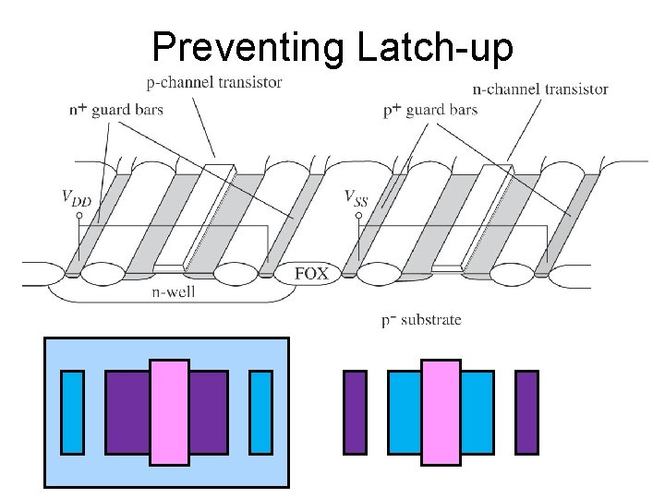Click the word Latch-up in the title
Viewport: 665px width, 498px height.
point(433,47)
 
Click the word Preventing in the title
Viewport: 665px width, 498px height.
point(248,47)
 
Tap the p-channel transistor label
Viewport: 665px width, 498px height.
point(214,82)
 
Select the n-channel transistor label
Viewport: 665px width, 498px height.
point(540,89)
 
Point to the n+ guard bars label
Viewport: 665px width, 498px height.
point(116,110)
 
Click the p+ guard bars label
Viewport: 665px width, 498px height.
point(430,110)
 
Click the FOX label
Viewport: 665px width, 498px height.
point(311,274)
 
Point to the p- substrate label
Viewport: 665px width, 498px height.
point(421,320)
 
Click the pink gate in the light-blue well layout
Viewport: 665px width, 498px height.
point(169,412)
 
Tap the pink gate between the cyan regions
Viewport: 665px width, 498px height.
point(441,412)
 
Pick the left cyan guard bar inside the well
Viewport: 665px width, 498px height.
point(72,412)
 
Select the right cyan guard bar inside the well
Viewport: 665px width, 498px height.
point(261,412)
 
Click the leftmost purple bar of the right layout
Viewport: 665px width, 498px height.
point(355,412)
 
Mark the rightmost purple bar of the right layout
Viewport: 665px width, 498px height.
point(526,412)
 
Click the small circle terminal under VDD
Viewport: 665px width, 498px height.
point(79,216)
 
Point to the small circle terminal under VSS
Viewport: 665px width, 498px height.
point(358,216)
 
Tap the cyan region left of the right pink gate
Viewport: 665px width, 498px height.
point(405,412)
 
